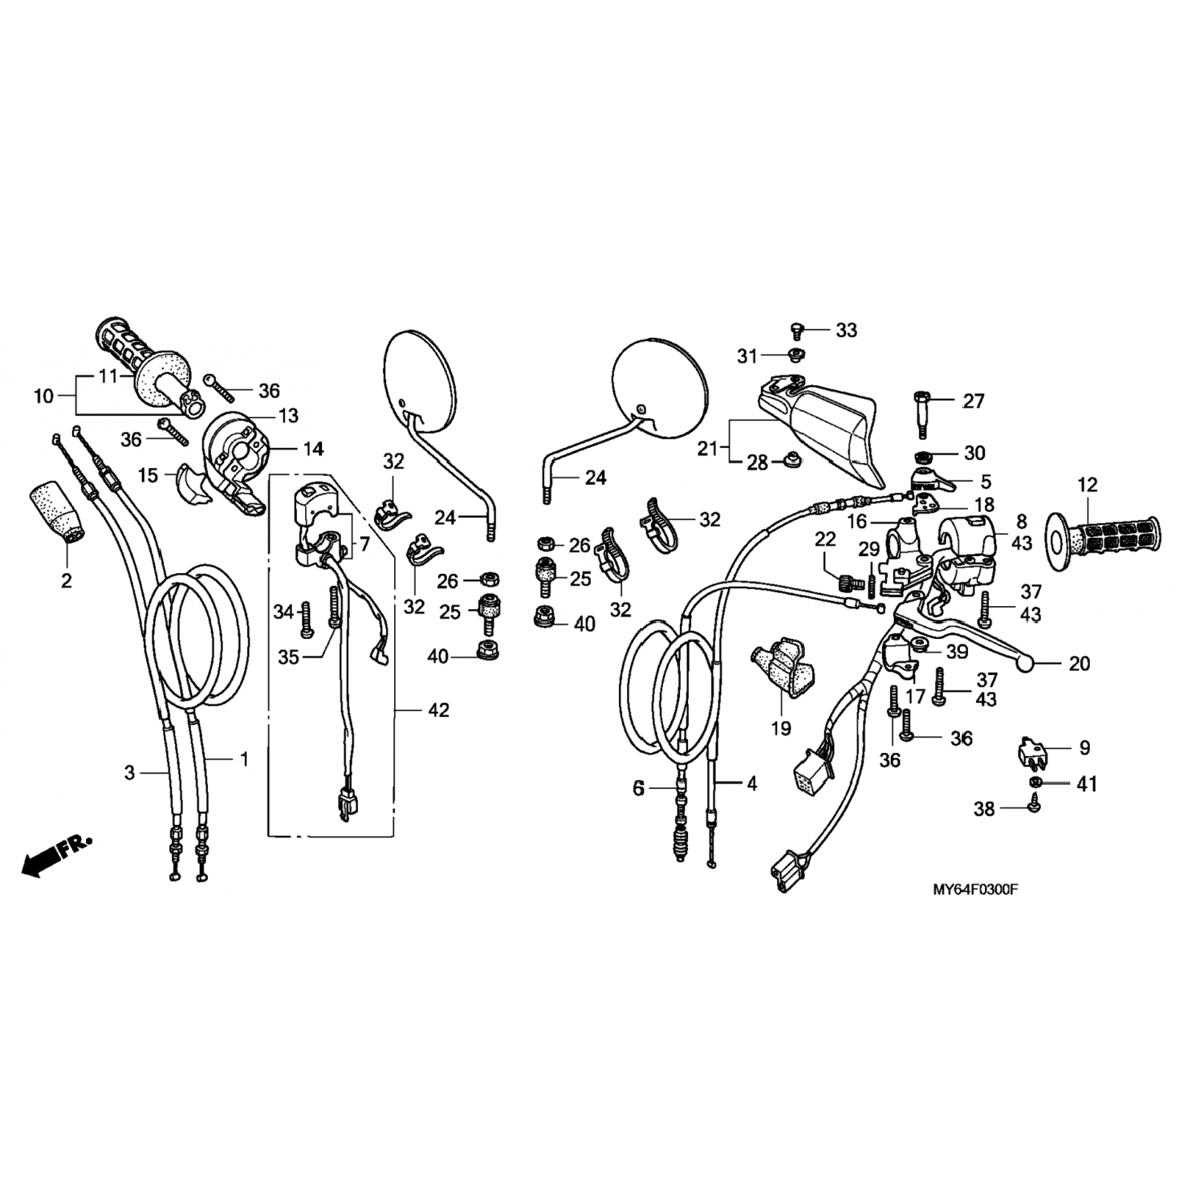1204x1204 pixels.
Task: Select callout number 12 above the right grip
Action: (x=1087, y=485)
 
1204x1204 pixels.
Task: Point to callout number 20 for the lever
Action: (x=1080, y=664)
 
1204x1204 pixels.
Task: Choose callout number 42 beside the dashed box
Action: (x=439, y=710)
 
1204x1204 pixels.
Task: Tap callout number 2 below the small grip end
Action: (x=66, y=580)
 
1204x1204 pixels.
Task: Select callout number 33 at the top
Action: (x=846, y=330)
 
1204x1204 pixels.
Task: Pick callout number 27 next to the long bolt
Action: (x=973, y=401)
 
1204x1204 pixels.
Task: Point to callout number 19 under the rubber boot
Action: (x=781, y=728)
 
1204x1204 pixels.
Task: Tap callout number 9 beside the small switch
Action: (x=1084, y=748)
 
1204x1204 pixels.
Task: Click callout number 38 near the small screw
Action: (x=984, y=809)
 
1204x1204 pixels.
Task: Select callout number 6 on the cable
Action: (x=638, y=789)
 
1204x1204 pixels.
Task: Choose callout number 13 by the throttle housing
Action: (x=287, y=416)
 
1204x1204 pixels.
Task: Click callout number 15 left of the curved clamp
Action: (x=148, y=475)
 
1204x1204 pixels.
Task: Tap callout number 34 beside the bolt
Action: (x=283, y=612)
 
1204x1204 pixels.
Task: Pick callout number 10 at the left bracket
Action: (x=44, y=396)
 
